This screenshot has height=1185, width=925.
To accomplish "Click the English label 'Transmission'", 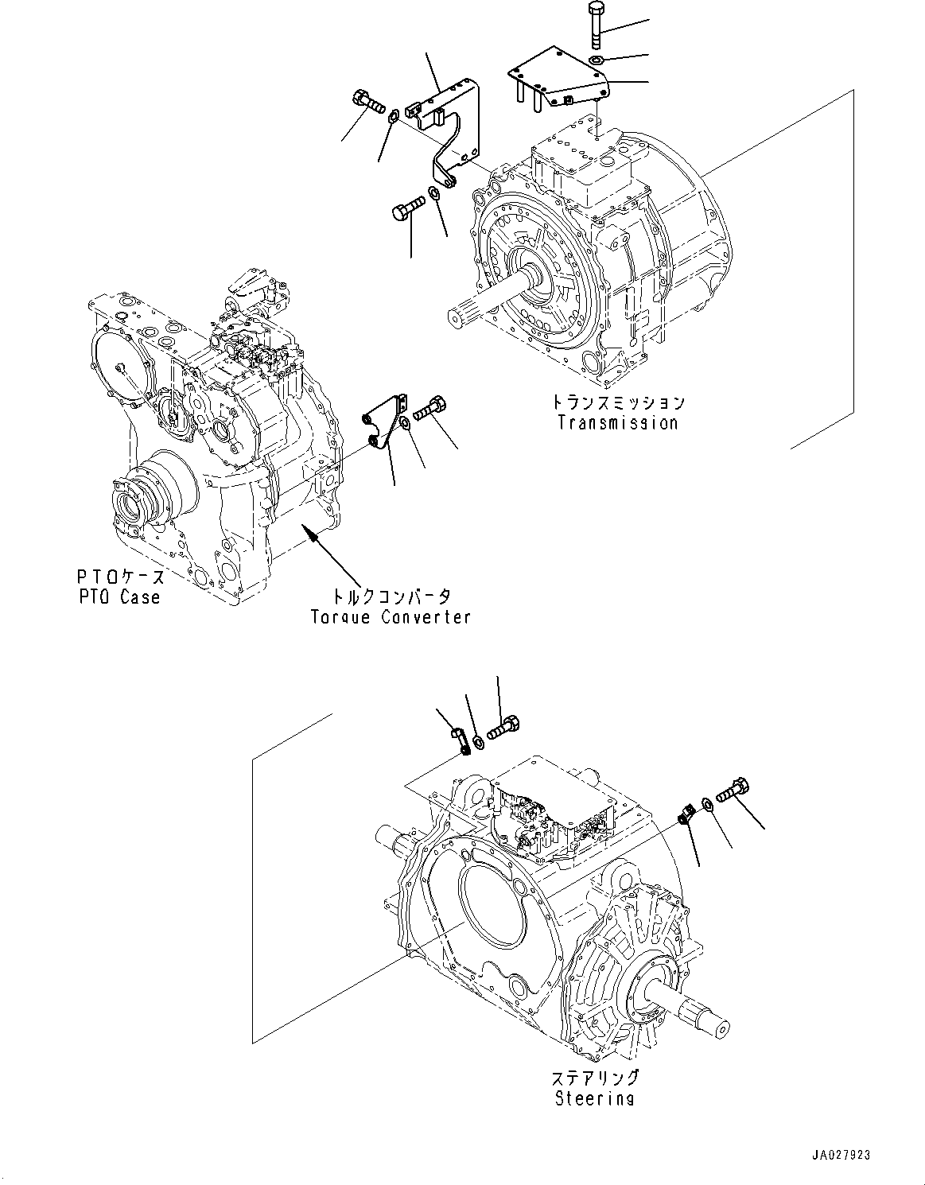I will [617, 423].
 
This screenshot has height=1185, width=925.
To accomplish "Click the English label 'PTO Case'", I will [119, 597].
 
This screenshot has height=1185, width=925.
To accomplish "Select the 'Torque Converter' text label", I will [391, 616].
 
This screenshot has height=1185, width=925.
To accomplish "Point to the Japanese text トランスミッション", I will [618, 402].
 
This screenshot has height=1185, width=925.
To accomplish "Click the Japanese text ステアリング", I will [595, 1078].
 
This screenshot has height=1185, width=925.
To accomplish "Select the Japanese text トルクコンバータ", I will [391, 596].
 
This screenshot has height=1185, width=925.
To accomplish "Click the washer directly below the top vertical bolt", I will [597, 60].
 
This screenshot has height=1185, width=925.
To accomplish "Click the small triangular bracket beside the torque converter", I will [383, 425].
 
